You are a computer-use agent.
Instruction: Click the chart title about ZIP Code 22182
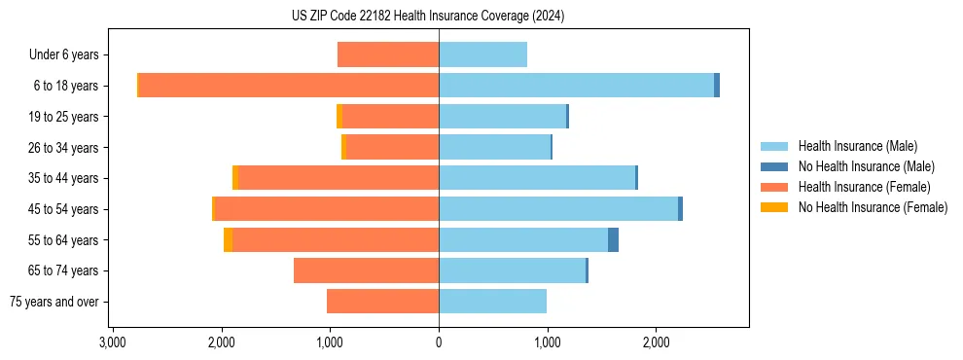(428, 17)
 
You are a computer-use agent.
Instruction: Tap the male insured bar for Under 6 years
(482, 54)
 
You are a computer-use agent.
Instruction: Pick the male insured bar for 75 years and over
(492, 302)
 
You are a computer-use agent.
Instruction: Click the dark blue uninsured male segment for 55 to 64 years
(613, 239)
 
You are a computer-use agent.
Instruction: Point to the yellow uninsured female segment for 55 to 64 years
(228, 239)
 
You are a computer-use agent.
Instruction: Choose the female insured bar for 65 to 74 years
(366, 270)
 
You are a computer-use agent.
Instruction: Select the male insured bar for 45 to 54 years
(558, 209)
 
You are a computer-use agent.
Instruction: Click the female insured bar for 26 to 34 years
(393, 147)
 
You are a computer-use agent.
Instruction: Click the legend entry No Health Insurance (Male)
(861, 166)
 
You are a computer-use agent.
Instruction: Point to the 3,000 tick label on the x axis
(113, 342)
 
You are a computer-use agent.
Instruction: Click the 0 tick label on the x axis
(439, 342)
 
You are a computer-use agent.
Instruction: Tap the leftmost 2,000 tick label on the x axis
(222, 342)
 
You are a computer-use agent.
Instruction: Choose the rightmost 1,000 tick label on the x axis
(548, 342)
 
